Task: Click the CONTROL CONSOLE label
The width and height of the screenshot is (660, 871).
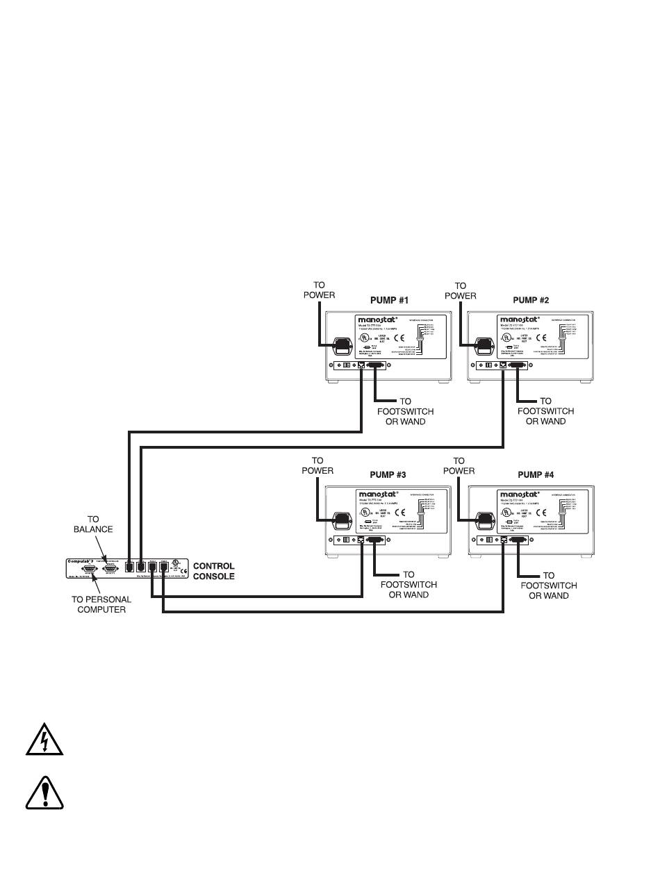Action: [x=213, y=571]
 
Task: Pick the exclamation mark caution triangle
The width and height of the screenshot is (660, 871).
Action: [x=44, y=793]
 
